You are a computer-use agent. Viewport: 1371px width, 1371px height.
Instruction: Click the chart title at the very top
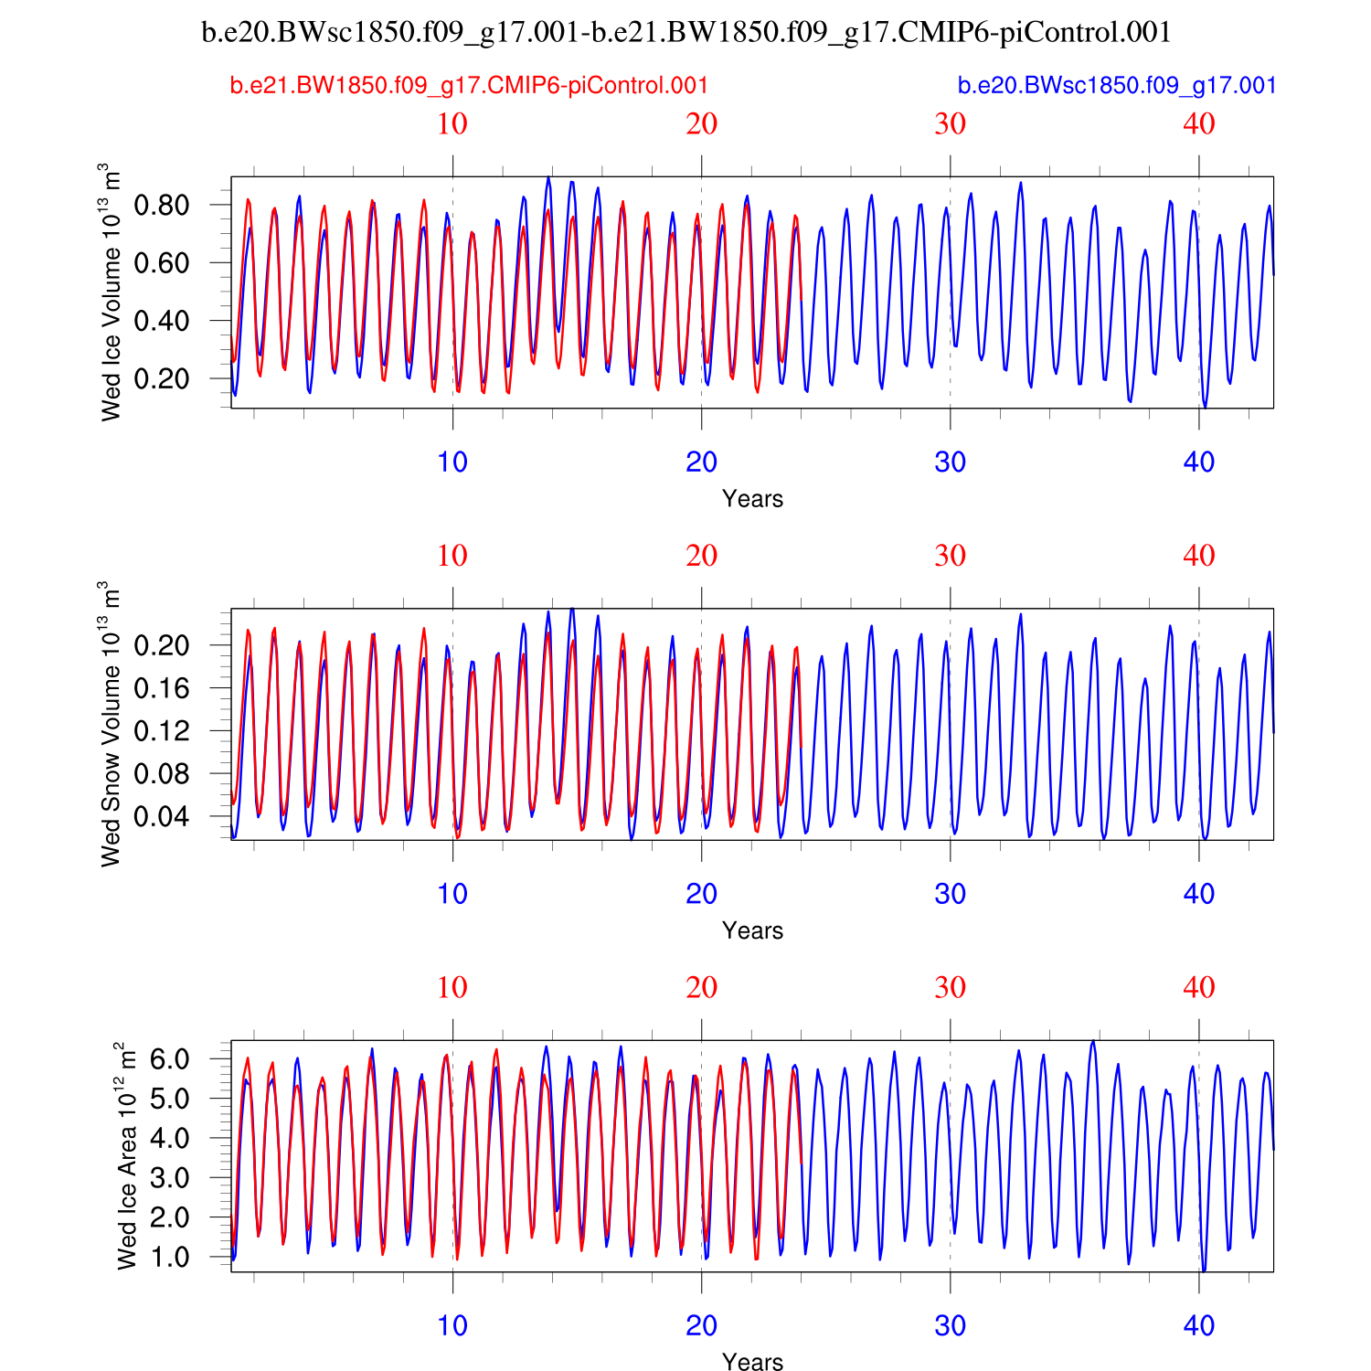685,33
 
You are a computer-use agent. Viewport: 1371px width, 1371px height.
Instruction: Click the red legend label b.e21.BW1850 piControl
469,86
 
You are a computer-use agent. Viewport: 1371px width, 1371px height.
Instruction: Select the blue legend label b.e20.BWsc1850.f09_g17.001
1117,86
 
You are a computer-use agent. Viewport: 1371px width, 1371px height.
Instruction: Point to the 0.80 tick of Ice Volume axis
162,205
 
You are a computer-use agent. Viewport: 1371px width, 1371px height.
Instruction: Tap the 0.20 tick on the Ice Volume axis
162,378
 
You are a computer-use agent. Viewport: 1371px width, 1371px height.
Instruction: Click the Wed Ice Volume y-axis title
110,292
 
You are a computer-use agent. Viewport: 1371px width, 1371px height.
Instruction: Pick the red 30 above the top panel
951,124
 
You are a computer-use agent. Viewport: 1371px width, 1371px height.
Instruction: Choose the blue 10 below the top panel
452,462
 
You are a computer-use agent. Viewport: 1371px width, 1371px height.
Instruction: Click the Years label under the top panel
752,499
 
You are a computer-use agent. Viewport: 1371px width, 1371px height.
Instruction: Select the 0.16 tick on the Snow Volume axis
162,688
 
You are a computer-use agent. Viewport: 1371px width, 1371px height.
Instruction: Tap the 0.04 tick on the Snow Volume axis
162,816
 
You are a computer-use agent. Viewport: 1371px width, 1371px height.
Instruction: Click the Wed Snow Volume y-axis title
110,724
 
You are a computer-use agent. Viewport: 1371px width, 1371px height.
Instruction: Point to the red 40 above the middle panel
1199,556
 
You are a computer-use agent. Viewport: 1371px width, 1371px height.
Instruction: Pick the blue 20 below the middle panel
701,894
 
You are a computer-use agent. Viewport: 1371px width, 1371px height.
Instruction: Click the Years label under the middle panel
752,930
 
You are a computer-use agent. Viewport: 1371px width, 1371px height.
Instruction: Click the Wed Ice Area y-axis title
127,1155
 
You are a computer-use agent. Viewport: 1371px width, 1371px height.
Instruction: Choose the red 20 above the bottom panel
701,988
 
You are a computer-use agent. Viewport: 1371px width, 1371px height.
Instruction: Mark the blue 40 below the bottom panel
1199,1326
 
